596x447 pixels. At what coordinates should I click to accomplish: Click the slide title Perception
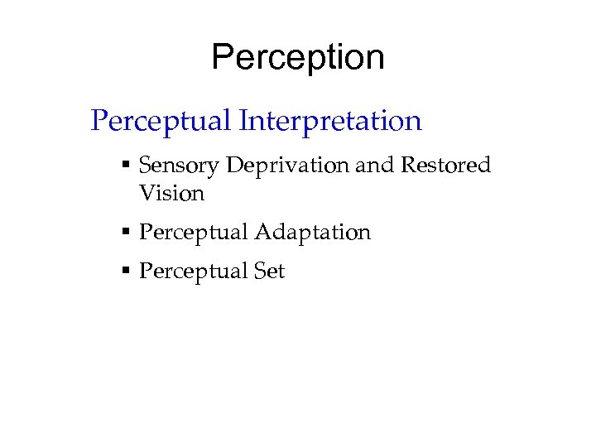point(298,58)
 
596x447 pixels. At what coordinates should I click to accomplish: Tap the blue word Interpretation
point(331,122)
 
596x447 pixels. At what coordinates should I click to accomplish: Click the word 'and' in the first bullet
point(374,166)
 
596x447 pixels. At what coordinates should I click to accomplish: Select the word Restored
point(445,166)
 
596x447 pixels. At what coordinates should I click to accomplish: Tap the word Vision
point(171,194)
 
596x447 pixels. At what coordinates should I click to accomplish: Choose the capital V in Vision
point(147,194)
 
